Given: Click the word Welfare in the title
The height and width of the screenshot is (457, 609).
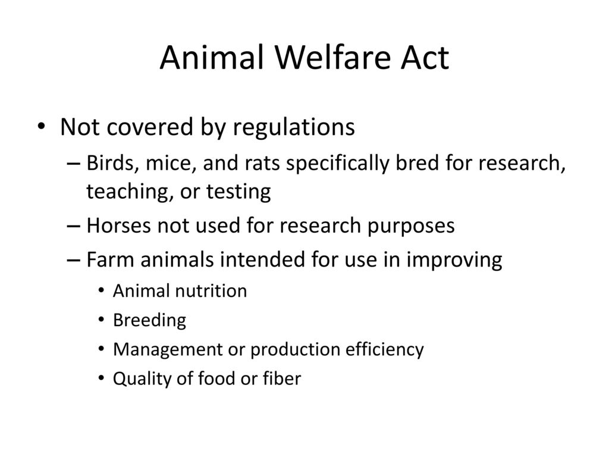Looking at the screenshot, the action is (334, 57).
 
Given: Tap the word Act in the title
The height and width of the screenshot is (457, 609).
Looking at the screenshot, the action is (425, 57).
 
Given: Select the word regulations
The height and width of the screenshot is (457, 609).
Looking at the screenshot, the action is (294, 128).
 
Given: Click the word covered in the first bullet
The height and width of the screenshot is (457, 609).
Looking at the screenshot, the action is (149, 127).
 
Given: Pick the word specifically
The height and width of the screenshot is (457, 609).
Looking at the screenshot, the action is (338, 164).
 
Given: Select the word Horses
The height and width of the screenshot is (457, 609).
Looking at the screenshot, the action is (118, 226).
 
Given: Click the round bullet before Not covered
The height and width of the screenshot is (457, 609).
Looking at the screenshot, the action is (41, 126).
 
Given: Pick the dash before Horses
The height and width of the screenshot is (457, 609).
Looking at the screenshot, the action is (73, 226).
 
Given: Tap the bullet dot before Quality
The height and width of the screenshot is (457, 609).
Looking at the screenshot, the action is (101, 378).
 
